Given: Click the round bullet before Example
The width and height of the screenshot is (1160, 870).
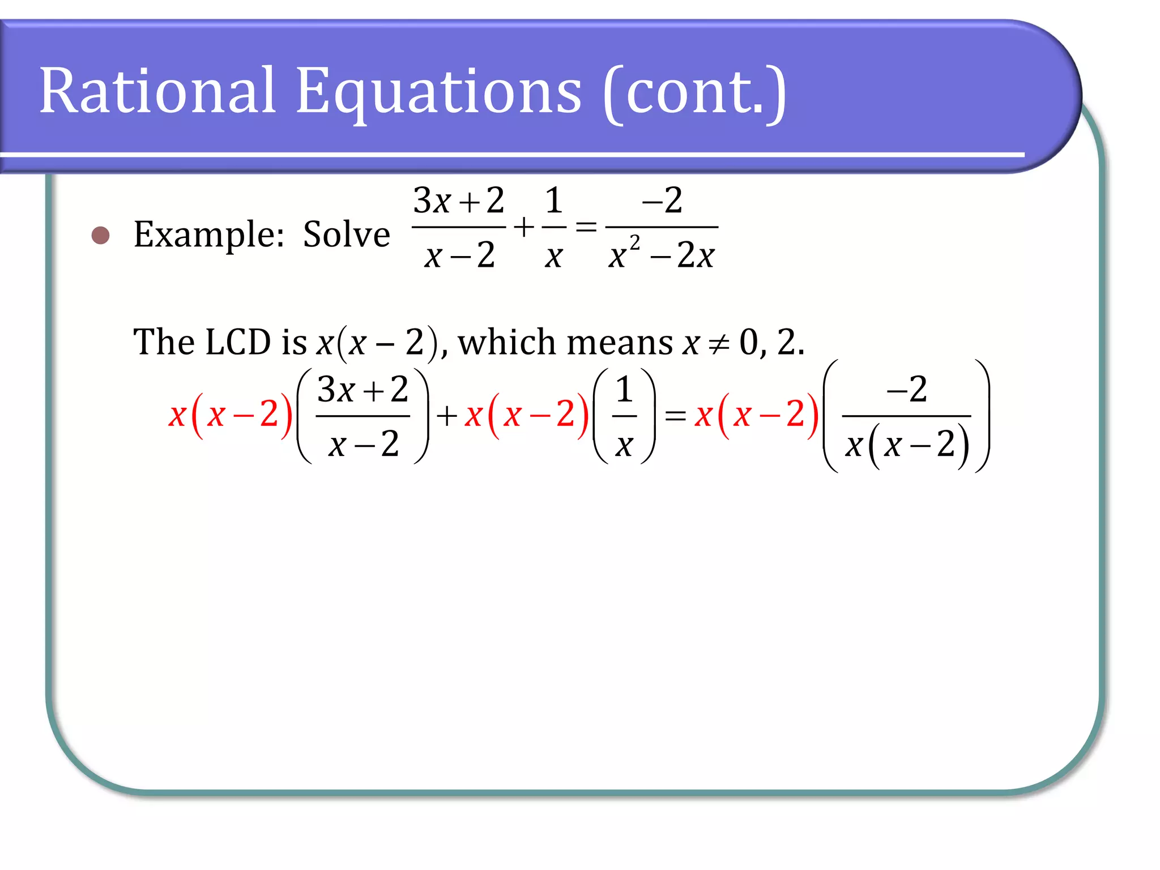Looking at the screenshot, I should click(100, 235).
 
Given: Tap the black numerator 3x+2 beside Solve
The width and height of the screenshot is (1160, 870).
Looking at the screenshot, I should click(458, 201).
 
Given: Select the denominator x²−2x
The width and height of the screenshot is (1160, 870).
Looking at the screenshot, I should click(661, 255).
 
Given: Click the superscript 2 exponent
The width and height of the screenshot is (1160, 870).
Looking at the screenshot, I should click(634, 243).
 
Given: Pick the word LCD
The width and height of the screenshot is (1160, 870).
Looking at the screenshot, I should click(238, 342).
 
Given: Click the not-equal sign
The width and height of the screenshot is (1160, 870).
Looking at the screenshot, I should click(719, 343).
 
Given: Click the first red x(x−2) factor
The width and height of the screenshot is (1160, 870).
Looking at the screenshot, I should click(230, 415).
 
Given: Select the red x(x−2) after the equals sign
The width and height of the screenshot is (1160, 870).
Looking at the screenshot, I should click(756, 415).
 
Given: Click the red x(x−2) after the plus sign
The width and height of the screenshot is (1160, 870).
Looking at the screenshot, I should click(526, 415).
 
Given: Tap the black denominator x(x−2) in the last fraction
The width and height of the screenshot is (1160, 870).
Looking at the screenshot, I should click(907, 445).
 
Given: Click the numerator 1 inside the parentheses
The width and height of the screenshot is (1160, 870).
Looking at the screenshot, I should click(624, 390).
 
